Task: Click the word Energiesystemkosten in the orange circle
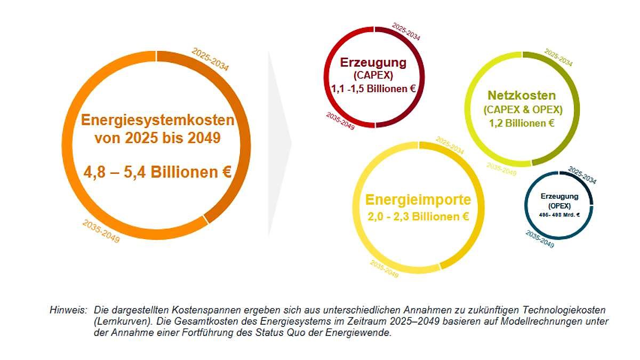coord(157,120)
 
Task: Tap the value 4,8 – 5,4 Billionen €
coord(157,172)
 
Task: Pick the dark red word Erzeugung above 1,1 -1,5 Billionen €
coord(373,62)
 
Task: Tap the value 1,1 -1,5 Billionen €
coord(373,89)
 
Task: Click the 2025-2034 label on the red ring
coord(406,31)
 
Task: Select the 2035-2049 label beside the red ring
coord(340,122)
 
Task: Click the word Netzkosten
coord(522,96)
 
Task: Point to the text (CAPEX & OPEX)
coord(523,110)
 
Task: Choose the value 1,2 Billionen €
coord(522,123)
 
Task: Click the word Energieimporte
coord(418,200)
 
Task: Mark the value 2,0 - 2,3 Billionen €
coord(418,217)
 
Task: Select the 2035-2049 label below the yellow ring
coord(384,269)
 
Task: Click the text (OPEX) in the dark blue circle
coord(559,205)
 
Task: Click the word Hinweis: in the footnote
coord(68,310)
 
